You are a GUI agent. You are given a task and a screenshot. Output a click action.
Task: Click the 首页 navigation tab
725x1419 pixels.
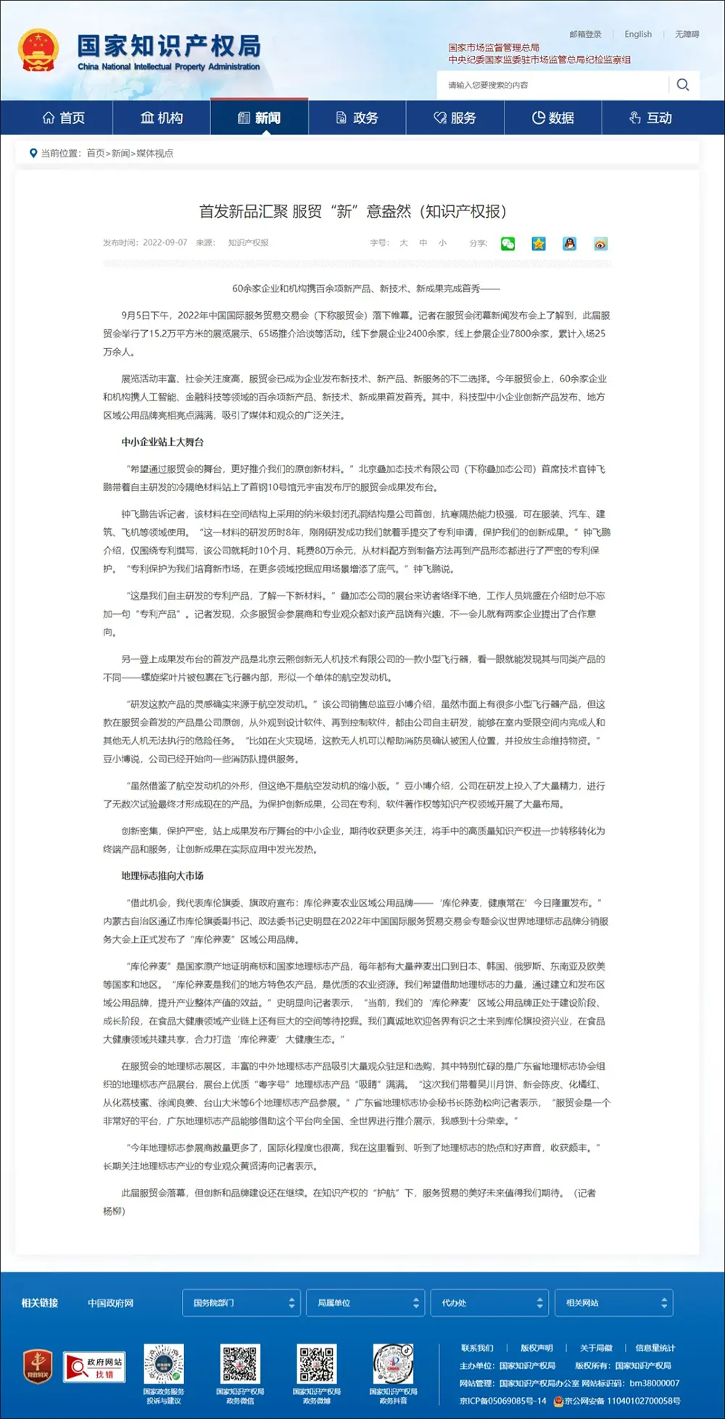point(64,118)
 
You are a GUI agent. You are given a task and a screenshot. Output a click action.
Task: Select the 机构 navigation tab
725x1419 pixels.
point(162,118)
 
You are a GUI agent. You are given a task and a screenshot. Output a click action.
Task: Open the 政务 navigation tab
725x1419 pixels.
point(357,118)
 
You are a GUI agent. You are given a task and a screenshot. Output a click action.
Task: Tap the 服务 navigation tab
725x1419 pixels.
point(455,118)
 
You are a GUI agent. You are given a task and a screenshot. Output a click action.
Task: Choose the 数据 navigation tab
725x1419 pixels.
point(553,118)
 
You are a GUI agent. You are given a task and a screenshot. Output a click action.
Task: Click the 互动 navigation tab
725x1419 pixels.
point(651,118)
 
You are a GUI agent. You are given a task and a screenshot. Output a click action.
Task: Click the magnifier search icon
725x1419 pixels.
point(682,85)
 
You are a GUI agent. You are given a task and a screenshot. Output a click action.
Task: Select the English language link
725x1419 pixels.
point(638,34)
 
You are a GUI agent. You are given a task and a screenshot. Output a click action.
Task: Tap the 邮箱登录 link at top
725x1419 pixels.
point(585,34)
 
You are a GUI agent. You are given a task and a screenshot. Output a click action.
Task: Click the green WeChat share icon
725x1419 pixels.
point(507,244)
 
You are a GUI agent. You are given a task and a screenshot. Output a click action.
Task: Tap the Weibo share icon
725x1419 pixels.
point(600,244)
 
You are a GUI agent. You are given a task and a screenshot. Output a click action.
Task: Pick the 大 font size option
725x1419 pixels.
point(404,243)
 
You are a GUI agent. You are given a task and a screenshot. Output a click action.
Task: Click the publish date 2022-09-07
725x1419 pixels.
point(165,243)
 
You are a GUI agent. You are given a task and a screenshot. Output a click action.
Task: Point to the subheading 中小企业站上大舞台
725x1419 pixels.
point(162,442)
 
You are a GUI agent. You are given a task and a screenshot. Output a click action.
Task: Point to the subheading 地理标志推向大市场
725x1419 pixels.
point(162,876)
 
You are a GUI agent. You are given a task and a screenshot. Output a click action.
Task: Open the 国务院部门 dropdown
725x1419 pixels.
point(241,1303)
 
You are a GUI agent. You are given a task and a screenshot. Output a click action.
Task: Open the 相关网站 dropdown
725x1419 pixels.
point(613,1303)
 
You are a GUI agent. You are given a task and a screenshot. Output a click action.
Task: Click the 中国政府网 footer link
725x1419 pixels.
point(110,1303)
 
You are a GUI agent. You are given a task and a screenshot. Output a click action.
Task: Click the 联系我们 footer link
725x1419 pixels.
point(477,1348)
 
